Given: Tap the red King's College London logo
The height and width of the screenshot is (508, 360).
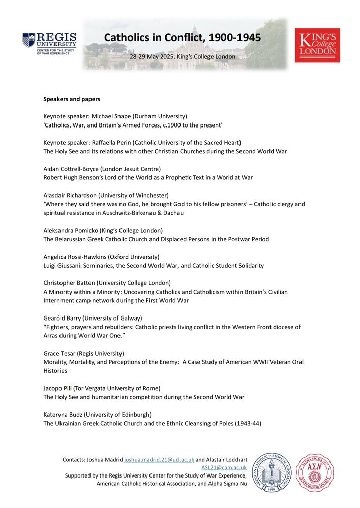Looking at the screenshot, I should click(317, 45).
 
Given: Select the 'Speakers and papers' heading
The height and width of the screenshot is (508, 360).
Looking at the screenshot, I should click(72, 99).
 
